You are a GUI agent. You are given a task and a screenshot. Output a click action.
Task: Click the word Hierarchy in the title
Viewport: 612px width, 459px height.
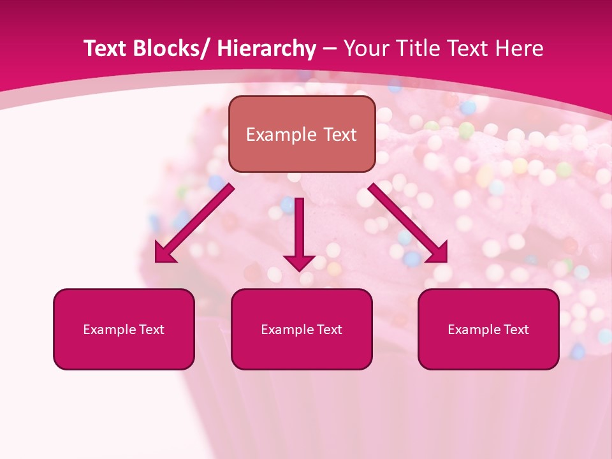(x=266, y=48)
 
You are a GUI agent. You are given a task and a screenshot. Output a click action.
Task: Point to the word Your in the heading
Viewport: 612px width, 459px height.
(x=364, y=48)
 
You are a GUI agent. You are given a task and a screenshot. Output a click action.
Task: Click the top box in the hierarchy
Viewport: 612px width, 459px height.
(x=302, y=134)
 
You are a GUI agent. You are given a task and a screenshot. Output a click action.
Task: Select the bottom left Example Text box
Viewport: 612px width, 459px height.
(x=124, y=329)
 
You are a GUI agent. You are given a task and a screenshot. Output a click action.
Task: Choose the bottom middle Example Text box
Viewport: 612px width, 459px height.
(x=302, y=329)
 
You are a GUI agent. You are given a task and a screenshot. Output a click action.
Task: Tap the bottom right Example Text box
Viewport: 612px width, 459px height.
(x=488, y=329)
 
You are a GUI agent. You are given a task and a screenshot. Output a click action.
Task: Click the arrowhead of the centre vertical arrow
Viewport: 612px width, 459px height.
(x=299, y=262)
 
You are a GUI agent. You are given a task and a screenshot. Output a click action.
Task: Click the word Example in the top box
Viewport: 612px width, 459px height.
(x=280, y=135)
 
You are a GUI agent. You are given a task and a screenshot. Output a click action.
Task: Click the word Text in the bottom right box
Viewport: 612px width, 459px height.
(x=516, y=330)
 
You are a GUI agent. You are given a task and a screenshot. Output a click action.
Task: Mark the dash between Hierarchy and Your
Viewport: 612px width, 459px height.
(x=330, y=49)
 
